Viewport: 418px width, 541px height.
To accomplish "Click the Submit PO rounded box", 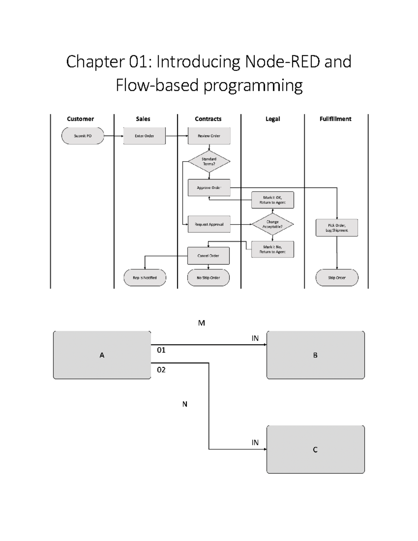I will pyautogui.click(x=83, y=136).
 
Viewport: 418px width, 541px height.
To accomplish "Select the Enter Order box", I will pyautogui.click(x=144, y=136).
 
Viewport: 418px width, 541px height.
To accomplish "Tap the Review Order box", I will pyautogui.click(x=209, y=136).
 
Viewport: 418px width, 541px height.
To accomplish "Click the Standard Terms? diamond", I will pyautogui.click(x=209, y=161).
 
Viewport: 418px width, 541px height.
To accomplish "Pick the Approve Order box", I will pyautogui.click(x=209, y=188).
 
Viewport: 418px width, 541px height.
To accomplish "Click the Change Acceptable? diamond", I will pyautogui.click(x=272, y=224).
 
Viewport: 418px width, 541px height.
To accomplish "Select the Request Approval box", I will pyautogui.click(x=209, y=224).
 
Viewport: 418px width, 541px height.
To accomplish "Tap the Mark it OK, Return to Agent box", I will pyautogui.click(x=272, y=200).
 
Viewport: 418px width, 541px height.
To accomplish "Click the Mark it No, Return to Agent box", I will pyautogui.click(x=272, y=249).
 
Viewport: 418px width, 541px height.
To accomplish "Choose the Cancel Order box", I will pyautogui.click(x=208, y=256).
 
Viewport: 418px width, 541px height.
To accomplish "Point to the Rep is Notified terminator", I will pyautogui.click(x=145, y=278).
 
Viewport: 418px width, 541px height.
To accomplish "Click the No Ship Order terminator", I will pyautogui.click(x=208, y=278).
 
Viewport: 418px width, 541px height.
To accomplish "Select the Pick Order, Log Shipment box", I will pyautogui.click(x=337, y=228).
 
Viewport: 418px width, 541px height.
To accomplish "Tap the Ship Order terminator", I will pyautogui.click(x=337, y=278).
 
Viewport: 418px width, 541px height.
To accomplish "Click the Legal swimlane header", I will pyautogui.click(x=273, y=119).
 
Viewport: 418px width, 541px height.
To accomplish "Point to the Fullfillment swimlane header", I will pyautogui.click(x=335, y=119).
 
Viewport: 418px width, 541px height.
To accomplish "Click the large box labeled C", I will pyautogui.click(x=315, y=449).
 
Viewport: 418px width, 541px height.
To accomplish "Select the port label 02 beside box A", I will pyautogui.click(x=161, y=370).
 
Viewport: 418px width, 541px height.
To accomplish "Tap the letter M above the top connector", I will pyautogui.click(x=201, y=323).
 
